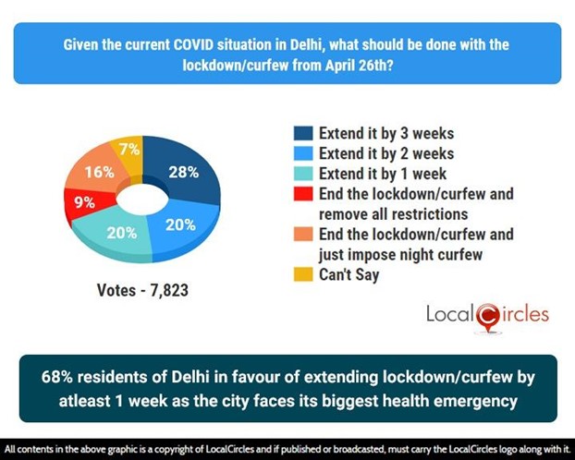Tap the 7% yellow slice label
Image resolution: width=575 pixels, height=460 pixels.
(x=128, y=150)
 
